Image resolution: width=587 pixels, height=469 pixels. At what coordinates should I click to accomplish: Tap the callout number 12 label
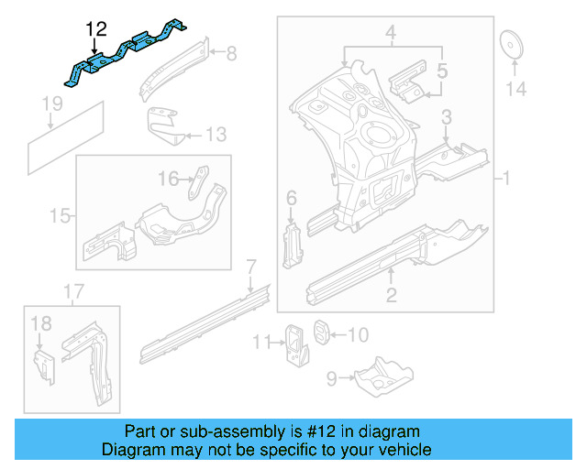(x=94, y=29)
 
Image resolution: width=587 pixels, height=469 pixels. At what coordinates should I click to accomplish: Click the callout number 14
(x=516, y=89)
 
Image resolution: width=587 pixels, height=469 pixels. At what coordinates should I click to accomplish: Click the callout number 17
(x=73, y=292)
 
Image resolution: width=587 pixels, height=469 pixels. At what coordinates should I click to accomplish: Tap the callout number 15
(x=60, y=216)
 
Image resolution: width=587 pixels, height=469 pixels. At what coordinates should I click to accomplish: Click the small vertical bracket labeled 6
(x=291, y=240)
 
